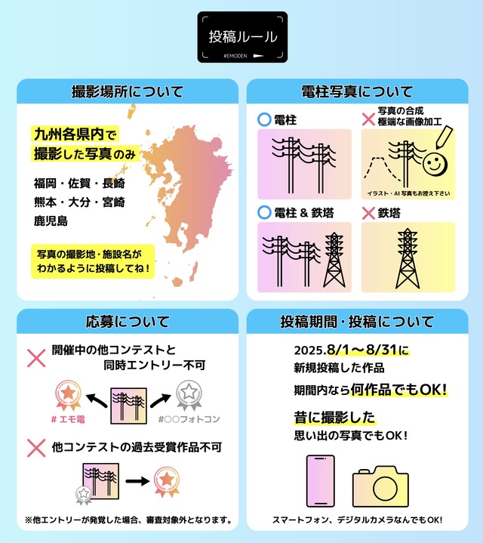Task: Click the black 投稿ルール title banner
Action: click(241, 36)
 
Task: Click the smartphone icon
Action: click(321, 481)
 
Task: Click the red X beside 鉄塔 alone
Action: click(368, 213)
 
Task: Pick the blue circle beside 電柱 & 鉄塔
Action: click(264, 213)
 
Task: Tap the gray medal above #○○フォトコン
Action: click(188, 395)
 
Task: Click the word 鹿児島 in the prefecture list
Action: click(51, 221)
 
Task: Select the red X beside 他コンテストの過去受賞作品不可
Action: click(36, 448)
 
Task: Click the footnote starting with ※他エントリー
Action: click(128, 520)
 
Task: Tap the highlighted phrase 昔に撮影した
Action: click(334, 417)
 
